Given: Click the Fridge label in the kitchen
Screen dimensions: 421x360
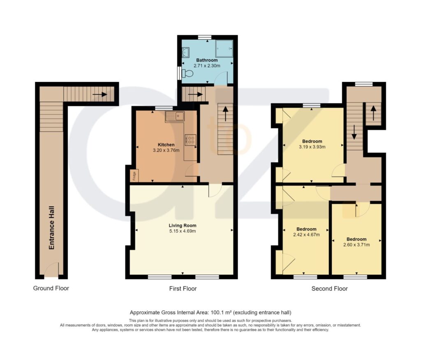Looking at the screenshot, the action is tap(134, 176).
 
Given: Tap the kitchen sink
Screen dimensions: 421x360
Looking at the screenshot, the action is tap(175, 117).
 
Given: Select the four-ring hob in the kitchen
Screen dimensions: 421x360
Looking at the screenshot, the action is tap(190, 140).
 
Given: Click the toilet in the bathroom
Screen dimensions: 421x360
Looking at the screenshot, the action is tap(187, 73).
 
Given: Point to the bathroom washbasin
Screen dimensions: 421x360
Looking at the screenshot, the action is tap(185, 53).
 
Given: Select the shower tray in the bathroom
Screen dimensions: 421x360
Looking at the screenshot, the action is tap(224, 48).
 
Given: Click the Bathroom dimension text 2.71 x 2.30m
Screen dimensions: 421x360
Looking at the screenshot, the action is tap(207, 65).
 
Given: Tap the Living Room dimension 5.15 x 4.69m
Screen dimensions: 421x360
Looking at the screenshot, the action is tap(183, 231).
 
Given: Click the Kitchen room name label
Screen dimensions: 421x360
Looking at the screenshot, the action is tap(166, 145).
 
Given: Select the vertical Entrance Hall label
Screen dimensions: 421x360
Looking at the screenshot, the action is tap(51, 228).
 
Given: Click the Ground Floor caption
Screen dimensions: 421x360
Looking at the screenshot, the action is tap(51, 288).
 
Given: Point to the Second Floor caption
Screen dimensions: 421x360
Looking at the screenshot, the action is tap(329, 288).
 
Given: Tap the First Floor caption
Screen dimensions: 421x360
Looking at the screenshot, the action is tap(183, 288).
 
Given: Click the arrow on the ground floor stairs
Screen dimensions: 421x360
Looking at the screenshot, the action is tap(100, 95).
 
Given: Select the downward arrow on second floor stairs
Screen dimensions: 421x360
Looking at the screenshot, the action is tap(354, 132).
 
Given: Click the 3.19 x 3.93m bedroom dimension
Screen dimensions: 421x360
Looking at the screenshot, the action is tap(312, 147).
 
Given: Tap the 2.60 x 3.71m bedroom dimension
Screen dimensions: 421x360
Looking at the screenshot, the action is tap(356, 245).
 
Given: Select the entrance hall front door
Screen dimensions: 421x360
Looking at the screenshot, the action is tap(51, 270).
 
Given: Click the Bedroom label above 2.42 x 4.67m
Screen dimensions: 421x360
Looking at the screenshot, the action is tap(306, 229).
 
